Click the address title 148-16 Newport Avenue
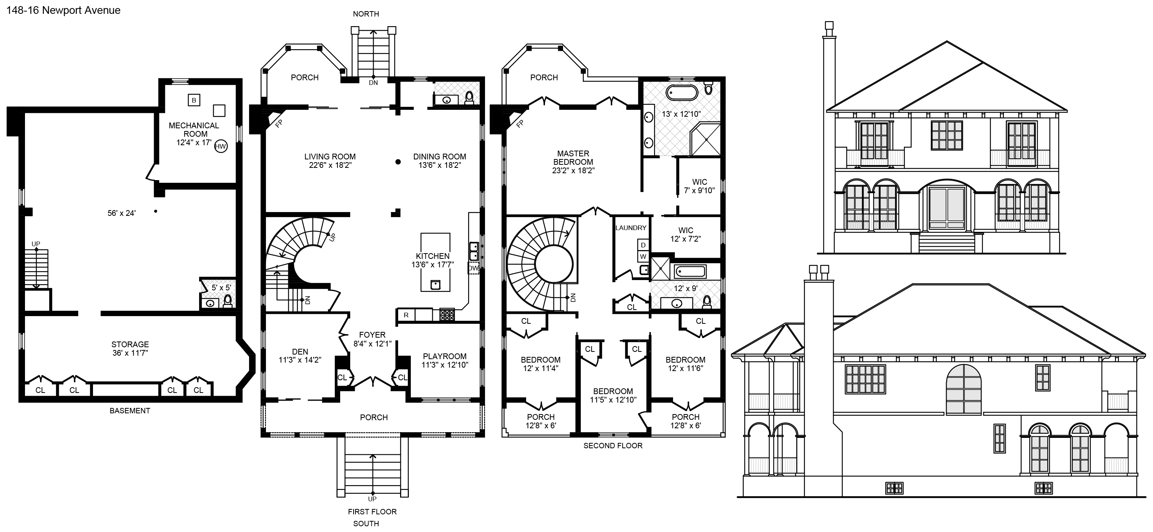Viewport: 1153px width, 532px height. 63,10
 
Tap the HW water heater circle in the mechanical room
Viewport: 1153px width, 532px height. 221,146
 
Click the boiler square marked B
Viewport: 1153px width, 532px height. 194,100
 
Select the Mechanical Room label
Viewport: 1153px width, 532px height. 194,130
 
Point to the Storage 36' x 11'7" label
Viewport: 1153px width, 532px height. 130,348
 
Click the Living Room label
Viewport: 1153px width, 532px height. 330,157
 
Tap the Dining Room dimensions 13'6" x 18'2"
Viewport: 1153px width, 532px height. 440,165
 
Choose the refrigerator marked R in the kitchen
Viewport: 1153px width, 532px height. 406,315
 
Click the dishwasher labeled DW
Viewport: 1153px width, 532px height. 473,268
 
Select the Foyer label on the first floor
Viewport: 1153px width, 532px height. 372,335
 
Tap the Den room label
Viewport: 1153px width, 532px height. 300,352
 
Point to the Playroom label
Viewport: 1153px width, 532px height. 444,356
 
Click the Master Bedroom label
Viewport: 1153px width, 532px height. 573,157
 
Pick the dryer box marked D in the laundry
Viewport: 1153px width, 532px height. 643,245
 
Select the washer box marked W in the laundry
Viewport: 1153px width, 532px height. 643,256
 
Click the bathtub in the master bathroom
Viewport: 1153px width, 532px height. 682,93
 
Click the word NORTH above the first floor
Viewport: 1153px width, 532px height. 366,14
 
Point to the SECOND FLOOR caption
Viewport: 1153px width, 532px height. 613,446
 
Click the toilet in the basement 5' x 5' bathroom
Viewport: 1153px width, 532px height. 228,300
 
